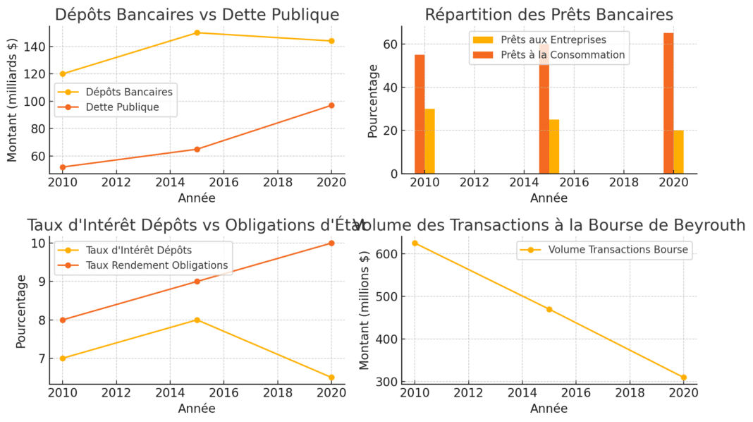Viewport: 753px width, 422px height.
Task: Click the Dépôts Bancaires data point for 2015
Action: tap(197, 32)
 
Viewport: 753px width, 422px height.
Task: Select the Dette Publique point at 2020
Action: tap(331, 105)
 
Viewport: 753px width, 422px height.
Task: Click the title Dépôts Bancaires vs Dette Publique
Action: tap(197, 15)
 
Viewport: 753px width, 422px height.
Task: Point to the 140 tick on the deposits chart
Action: tap(37, 47)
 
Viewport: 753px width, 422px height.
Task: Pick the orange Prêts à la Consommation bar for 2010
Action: tap(420, 114)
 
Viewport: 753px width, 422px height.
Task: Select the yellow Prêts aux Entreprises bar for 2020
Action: tap(678, 152)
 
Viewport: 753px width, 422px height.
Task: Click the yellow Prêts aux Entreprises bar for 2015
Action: tap(554, 146)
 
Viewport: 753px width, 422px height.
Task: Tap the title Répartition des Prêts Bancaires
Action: tap(549, 15)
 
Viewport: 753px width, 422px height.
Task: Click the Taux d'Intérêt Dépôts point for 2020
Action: tap(331, 378)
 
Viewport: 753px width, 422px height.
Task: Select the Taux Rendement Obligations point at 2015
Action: tap(197, 282)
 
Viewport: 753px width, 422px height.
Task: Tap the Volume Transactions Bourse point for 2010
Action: tap(415, 243)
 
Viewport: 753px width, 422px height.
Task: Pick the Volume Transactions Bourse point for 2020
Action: tap(683, 378)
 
